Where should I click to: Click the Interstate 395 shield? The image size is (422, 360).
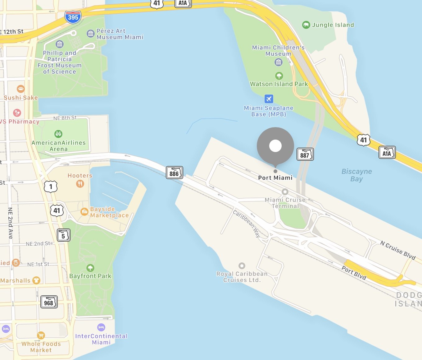(x=73, y=17)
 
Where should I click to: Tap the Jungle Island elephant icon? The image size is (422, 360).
(x=306, y=25)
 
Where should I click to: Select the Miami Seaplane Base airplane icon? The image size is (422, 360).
(x=269, y=99)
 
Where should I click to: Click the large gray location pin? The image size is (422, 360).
(x=275, y=145)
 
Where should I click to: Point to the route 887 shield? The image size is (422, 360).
(x=305, y=155)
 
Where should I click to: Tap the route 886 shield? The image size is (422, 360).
(x=174, y=173)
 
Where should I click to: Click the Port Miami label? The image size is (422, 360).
(x=275, y=178)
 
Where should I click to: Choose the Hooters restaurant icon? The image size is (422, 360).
(x=80, y=184)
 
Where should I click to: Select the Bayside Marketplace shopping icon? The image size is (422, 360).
(x=84, y=212)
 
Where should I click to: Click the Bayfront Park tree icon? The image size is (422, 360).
(x=90, y=268)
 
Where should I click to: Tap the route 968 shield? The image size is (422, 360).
(x=49, y=302)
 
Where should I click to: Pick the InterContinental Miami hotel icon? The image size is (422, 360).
(x=101, y=327)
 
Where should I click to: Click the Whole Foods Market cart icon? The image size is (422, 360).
(x=41, y=335)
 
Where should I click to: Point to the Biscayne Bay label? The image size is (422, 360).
(x=356, y=175)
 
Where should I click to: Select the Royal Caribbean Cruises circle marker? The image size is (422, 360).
(x=242, y=266)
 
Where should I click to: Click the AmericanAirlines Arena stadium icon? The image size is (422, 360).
(x=58, y=134)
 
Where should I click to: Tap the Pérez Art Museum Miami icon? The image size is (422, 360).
(x=90, y=33)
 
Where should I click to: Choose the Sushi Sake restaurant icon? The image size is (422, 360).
(x=20, y=89)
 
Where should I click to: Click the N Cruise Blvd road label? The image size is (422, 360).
(x=398, y=250)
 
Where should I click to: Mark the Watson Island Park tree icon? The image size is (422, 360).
(x=279, y=76)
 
